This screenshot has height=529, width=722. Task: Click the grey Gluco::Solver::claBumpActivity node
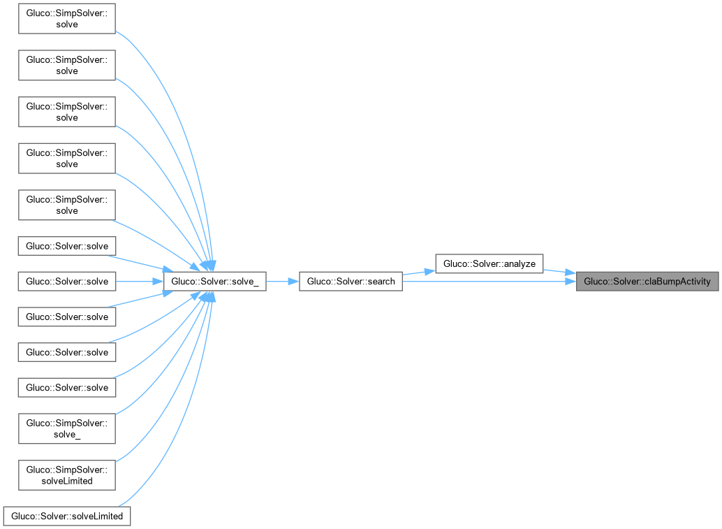coord(647,282)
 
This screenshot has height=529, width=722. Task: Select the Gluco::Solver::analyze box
coord(489,263)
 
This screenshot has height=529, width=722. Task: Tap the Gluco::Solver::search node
coord(351,282)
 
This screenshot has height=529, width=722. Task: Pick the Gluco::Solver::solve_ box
coord(214,282)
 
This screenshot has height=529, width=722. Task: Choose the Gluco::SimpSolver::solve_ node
coord(66,428)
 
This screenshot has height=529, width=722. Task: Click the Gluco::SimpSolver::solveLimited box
coord(66,475)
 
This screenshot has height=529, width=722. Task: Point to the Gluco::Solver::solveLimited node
coord(67,516)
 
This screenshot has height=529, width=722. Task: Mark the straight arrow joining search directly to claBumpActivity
coord(489,282)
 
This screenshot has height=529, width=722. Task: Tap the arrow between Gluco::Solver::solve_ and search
coord(283,282)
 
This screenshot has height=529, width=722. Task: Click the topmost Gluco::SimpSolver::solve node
coord(66,18)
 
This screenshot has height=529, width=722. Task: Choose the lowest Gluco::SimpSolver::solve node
coord(66,205)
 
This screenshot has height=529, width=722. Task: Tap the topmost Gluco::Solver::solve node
coord(67,246)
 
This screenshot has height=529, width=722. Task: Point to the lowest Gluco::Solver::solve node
coord(67,387)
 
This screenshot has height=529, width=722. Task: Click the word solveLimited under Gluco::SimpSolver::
coord(67,481)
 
